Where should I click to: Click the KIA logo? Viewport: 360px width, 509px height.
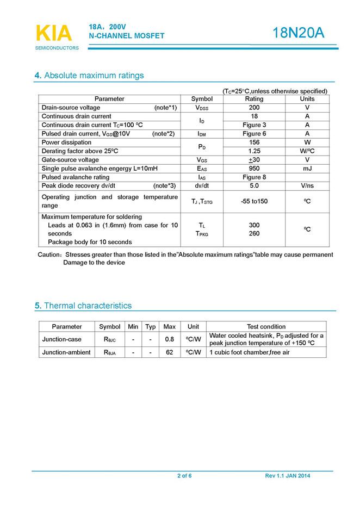click(53, 33)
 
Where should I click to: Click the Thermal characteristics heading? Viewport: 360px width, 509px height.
click(87, 306)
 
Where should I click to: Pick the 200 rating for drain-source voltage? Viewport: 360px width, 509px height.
click(254, 108)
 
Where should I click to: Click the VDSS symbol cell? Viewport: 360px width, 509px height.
click(202, 108)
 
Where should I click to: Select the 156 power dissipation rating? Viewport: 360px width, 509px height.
click(254, 142)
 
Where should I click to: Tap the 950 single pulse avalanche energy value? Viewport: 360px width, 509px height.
click(254, 169)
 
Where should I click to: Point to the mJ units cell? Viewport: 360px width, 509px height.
click(307, 169)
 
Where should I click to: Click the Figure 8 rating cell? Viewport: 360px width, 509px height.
click(254, 177)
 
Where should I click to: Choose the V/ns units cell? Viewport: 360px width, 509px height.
click(307, 186)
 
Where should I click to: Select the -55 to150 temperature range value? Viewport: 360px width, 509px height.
click(254, 201)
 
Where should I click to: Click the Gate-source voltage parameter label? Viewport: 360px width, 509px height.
click(70, 160)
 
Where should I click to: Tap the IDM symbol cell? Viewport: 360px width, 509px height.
click(202, 134)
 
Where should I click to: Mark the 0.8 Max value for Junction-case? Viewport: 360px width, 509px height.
click(170, 339)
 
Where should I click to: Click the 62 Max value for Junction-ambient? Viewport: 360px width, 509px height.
click(170, 352)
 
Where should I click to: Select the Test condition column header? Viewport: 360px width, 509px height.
click(266, 327)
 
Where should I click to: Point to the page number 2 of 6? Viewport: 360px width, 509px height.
click(184, 476)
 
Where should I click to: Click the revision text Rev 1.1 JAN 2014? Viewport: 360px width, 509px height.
click(288, 476)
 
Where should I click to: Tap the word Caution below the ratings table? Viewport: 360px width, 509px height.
click(49, 254)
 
